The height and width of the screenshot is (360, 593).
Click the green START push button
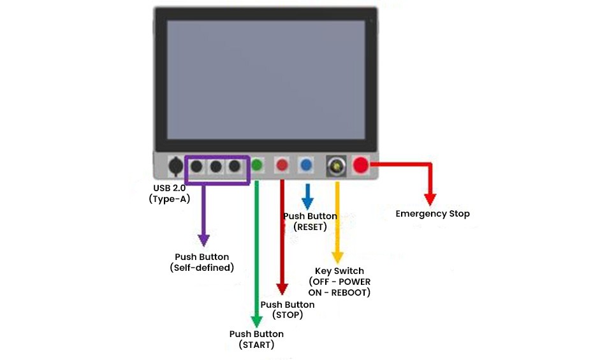[x=257, y=165]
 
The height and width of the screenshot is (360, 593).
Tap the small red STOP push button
[x=282, y=165]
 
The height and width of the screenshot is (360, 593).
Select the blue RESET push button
[x=307, y=165]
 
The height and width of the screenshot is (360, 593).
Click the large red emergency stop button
[x=361, y=165]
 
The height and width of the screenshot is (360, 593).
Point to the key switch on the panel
[x=335, y=166]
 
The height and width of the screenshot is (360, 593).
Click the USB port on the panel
[x=175, y=166]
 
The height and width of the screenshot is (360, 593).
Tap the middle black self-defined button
[x=216, y=166]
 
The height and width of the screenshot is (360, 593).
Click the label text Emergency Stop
[x=432, y=213]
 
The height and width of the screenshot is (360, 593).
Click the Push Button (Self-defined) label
[x=202, y=263]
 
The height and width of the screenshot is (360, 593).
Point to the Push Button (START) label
[x=256, y=340]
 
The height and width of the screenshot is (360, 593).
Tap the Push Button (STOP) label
[x=288, y=310]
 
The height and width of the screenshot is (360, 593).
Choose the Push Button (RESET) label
[x=310, y=221]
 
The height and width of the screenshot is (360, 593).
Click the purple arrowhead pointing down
[x=203, y=240]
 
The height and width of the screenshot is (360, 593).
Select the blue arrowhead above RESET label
[x=307, y=204]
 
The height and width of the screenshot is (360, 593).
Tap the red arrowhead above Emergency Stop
[x=431, y=198]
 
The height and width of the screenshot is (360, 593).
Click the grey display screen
[x=265, y=80]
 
